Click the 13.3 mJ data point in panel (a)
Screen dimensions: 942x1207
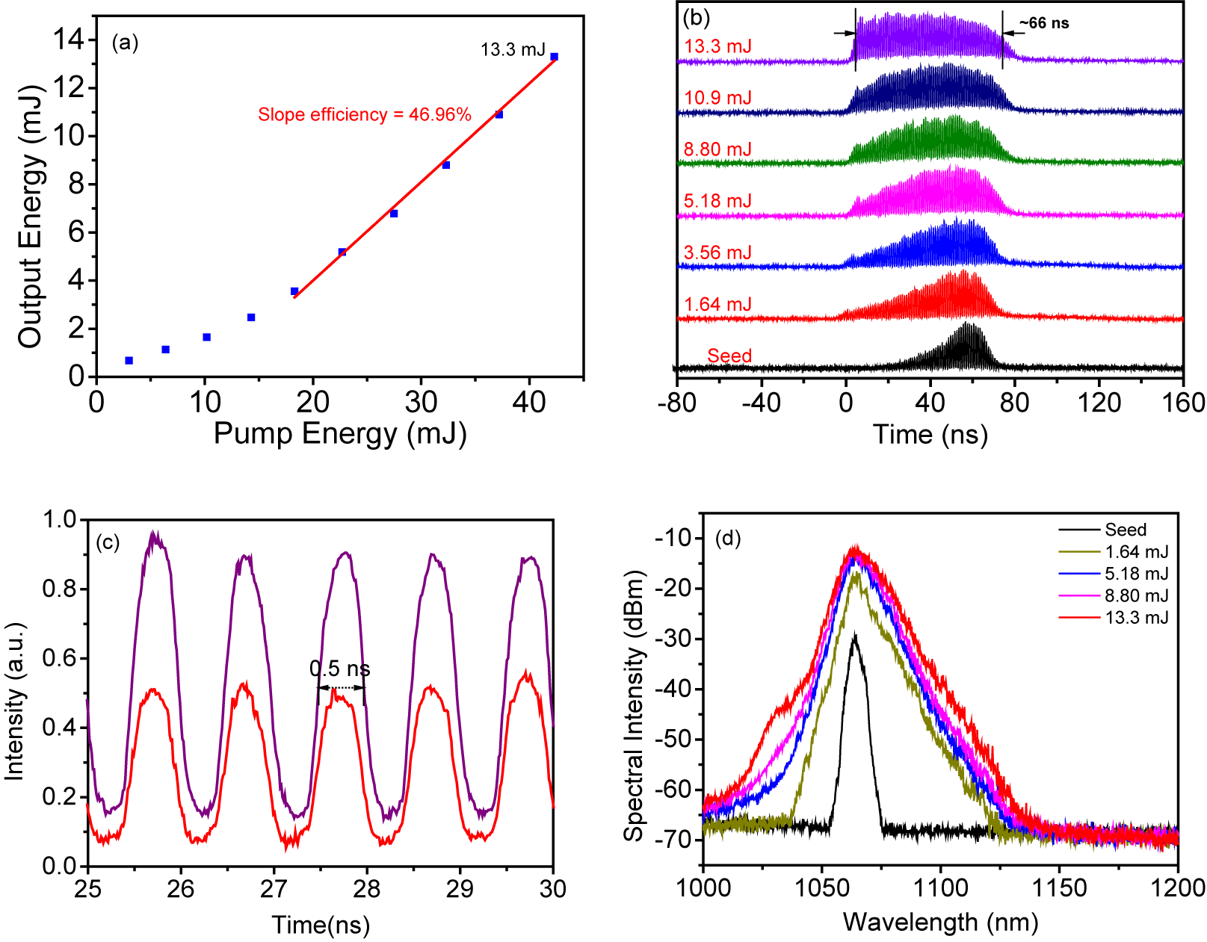(554, 57)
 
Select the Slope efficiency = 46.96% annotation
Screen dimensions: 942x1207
(365, 114)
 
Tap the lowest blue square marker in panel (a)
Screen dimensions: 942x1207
(129, 361)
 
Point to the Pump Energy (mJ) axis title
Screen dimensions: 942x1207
(340, 433)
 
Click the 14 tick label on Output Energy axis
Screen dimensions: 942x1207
(68, 40)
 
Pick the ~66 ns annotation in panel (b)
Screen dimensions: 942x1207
(1043, 23)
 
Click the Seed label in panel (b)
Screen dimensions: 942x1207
(729, 356)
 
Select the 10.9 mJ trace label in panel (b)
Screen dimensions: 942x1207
(717, 98)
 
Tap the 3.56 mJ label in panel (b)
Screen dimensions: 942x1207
(717, 252)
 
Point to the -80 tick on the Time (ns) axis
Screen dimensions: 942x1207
(677, 403)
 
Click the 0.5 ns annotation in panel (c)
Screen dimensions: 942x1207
(340, 669)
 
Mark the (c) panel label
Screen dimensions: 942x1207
(108, 542)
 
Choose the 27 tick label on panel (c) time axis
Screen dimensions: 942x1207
(274, 888)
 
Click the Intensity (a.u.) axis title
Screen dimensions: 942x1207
(15, 701)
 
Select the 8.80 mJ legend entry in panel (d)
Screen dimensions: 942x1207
(1136, 595)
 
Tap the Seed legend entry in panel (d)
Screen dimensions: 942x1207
(1125, 530)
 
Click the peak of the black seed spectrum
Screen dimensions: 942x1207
(854, 634)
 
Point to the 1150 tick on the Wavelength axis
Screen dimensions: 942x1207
(1059, 888)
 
